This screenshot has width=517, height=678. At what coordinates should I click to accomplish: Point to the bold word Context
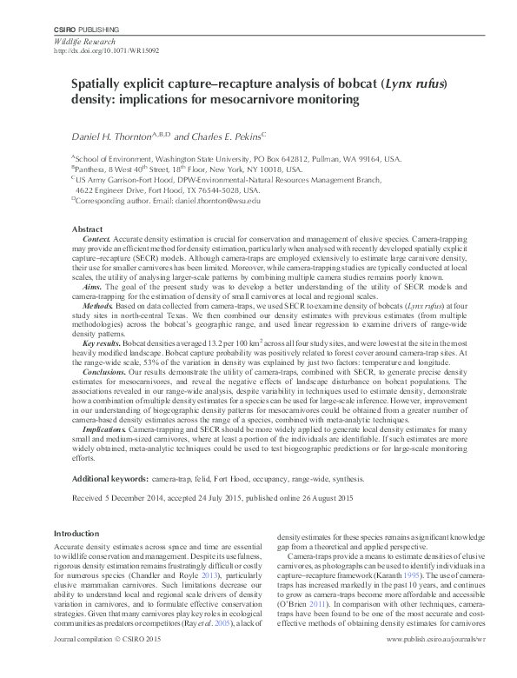tap(96, 238)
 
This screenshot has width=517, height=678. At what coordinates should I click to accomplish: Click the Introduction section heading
tap(76, 533)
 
